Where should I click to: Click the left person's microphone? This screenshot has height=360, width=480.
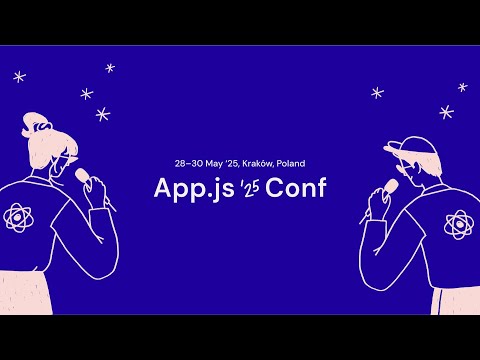click(x=83, y=174)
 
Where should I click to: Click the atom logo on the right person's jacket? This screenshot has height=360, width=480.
click(x=457, y=225)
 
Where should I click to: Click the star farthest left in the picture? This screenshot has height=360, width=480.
click(x=19, y=76)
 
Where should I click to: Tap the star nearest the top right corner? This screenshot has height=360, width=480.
click(x=462, y=87)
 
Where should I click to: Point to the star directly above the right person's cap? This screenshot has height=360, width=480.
click(x=377, y=93)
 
